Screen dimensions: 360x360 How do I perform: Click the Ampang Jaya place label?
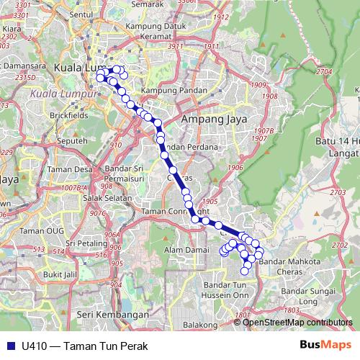pyautogui.click(x=214, y=119)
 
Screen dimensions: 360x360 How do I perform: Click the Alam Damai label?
pyautogui.click(x=184, y=249)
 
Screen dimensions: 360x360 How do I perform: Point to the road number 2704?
pyautogui.click(x=323, y=72)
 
